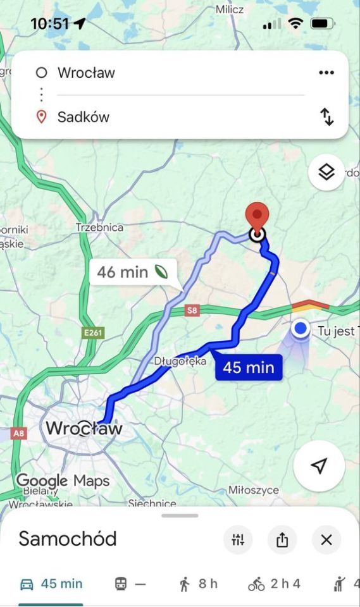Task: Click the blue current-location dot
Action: point(301,329)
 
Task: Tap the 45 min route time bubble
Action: point(249,367)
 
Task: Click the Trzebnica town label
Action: point(99,228)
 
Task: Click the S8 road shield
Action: point(192,310)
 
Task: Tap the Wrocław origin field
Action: point(87,73)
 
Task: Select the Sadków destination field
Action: point(84,117)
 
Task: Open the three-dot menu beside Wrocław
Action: point(326,73)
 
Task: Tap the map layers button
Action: point(326,171)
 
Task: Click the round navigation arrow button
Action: point(319,466)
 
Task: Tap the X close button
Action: point(326,540)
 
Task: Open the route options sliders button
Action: point(238,540)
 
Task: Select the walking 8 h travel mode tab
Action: point(198,584)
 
